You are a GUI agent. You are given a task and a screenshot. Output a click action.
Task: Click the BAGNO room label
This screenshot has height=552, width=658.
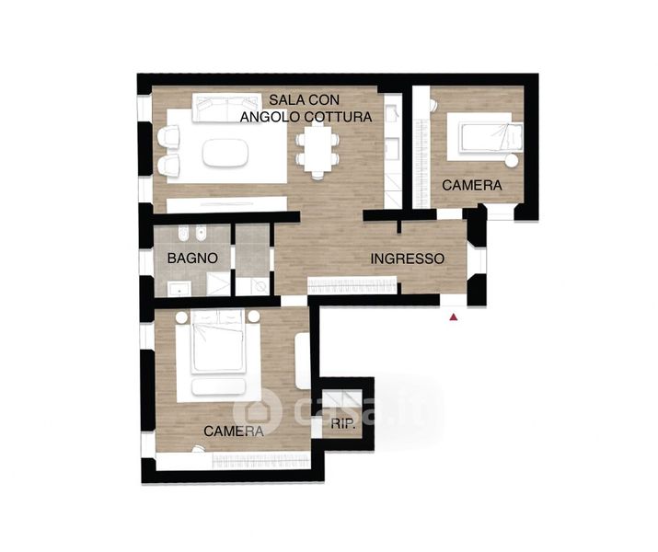192,258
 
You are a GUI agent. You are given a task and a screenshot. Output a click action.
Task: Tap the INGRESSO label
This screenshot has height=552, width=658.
408,259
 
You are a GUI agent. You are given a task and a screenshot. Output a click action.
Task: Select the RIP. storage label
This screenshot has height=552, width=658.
343,423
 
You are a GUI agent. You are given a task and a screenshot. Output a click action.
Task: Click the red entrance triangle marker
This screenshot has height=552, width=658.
453,317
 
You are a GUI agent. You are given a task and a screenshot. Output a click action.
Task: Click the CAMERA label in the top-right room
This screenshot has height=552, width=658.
472,185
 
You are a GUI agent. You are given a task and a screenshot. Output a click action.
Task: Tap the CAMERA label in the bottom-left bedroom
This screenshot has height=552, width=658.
234,431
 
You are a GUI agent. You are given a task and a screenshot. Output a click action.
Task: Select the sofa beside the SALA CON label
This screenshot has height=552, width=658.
225,108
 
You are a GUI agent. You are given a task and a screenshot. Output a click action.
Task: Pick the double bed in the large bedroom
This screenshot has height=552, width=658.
218,341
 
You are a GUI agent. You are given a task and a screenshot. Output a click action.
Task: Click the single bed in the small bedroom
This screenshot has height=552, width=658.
491,137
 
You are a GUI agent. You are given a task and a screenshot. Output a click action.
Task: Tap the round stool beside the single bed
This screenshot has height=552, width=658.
512,161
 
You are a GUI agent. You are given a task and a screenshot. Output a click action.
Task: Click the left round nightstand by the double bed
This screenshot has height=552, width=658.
181,317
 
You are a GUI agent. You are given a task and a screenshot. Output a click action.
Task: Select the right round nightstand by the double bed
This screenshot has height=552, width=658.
253,316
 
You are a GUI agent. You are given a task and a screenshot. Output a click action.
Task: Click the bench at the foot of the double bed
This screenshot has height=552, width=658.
218,386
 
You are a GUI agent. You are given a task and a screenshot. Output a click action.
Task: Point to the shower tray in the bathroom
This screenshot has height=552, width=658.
218,284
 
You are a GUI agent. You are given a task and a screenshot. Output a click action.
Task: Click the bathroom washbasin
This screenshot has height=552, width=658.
179,290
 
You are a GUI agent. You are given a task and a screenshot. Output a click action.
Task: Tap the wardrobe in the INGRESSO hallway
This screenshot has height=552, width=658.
352,285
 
